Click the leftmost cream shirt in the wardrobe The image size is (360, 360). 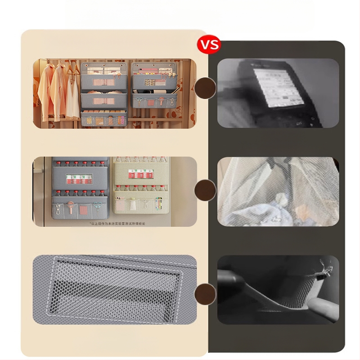click(x=45, y=88)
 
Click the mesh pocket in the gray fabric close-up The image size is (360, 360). click(x=115, y=288)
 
